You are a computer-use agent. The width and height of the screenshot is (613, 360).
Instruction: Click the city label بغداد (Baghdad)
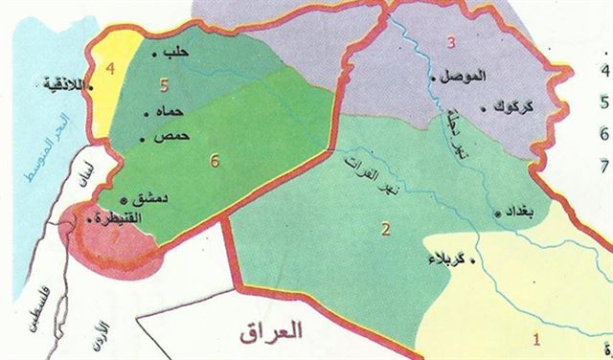pos(522,214)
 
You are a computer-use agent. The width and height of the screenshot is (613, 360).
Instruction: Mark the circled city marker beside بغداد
pos(498,213)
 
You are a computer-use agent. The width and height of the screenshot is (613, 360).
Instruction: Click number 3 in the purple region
pos(451,42)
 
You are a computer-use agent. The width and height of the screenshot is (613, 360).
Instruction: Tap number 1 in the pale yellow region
pos(536,337)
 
